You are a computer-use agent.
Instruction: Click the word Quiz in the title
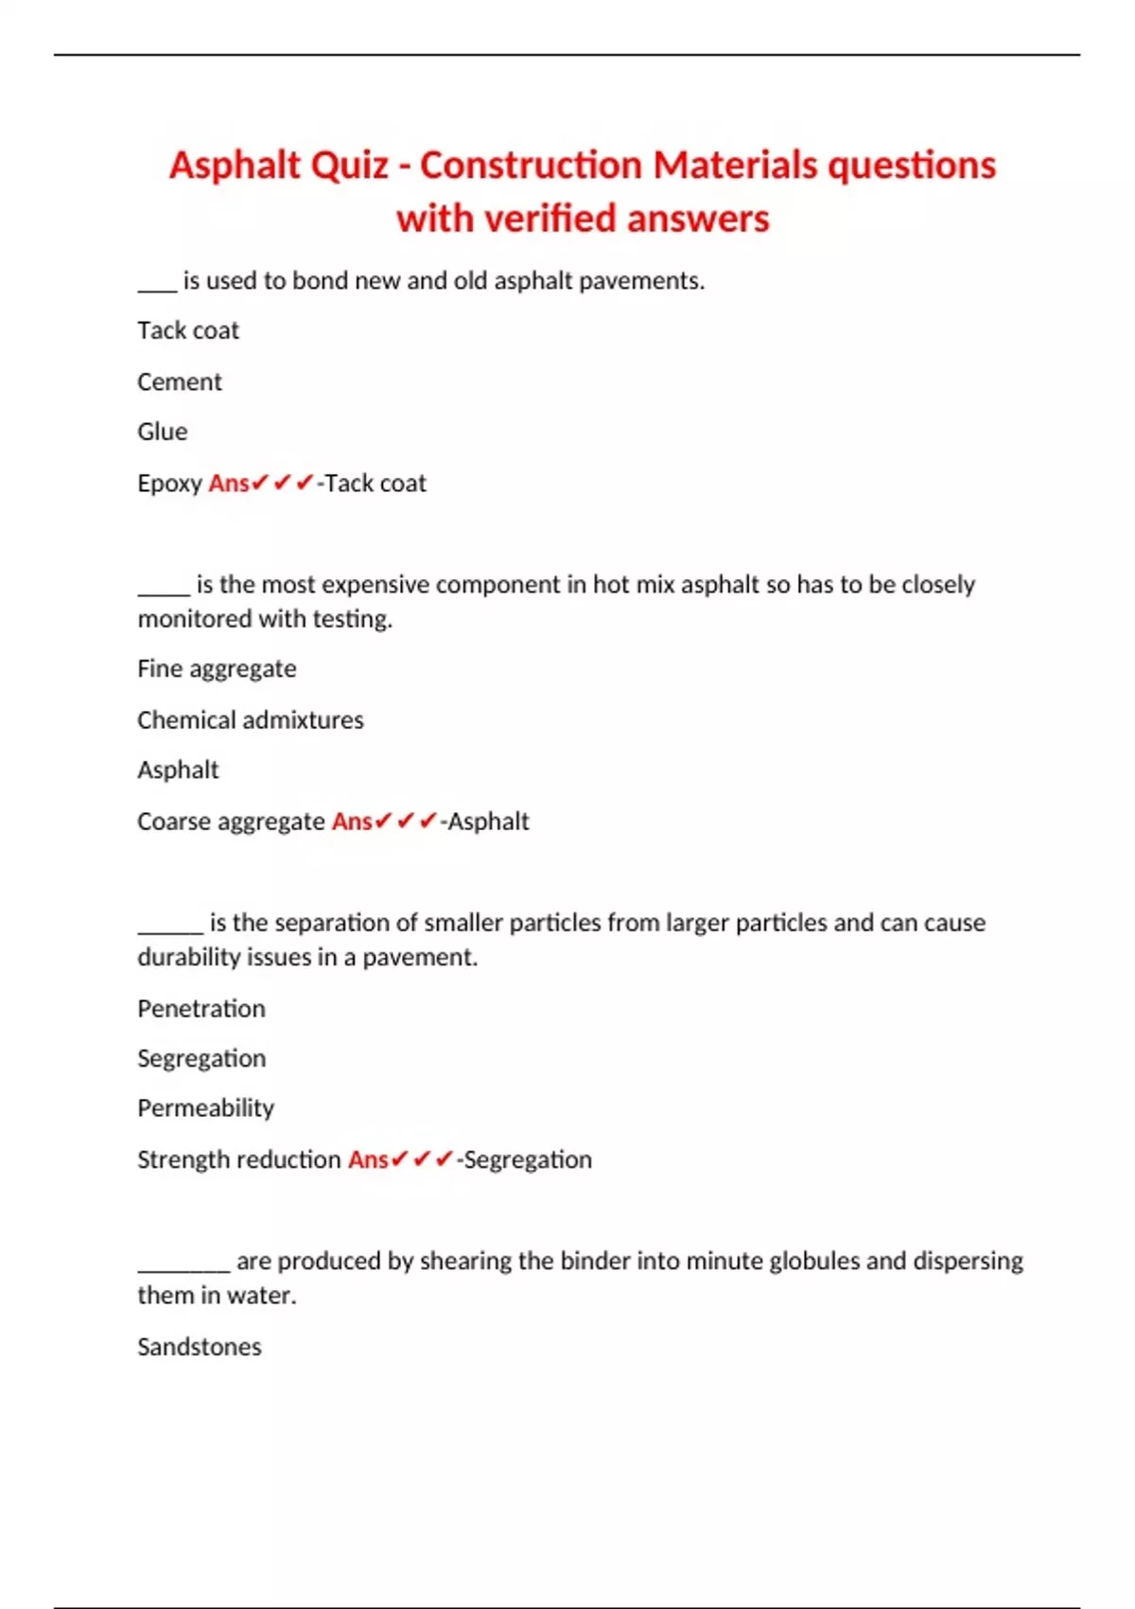349,166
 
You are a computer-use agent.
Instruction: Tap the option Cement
180,381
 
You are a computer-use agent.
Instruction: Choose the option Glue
163,432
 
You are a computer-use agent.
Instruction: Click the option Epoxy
170,484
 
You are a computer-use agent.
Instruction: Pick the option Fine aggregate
217,669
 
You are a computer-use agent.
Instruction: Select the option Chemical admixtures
251,720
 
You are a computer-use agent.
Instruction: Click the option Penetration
201,1008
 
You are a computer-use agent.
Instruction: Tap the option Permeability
206,1108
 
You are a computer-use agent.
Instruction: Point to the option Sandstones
200,1347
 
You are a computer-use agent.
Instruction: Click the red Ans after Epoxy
229,484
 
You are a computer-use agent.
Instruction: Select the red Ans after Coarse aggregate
352,822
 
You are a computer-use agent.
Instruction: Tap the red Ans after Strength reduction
368,1159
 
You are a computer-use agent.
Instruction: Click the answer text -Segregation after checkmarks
525,1159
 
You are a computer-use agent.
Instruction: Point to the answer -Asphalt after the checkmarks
485,822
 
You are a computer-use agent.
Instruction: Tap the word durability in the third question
188,958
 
